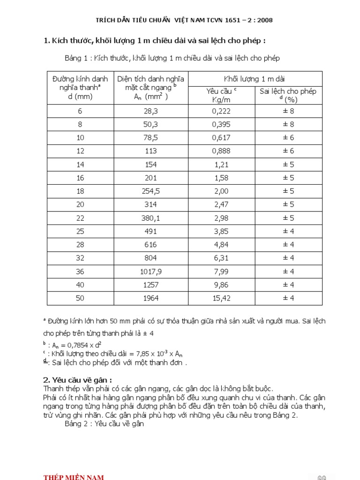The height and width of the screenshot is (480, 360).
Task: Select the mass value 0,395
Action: pyautogui.click(x=220, y=125)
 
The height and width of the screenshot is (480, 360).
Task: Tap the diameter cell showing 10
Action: pyautogui.click(x=80, y=138)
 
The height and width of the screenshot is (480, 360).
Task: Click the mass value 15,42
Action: pyautogui.click(x=220, y=298)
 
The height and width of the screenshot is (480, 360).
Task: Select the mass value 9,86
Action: pyautogui.click(x=220, y=285)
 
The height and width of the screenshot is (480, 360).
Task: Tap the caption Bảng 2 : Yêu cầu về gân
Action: pyautogui.click(x=104, y=424)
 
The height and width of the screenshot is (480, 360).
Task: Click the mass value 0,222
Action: pyautogui.click(x=220, y=111)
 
